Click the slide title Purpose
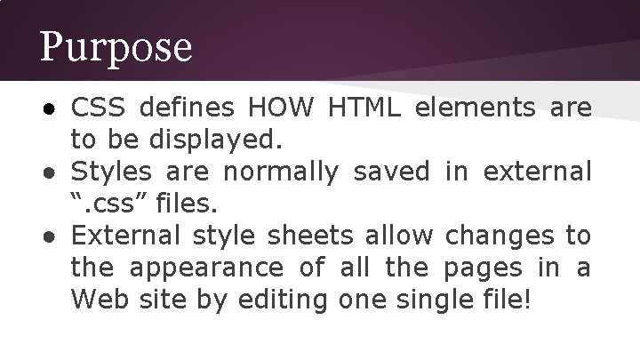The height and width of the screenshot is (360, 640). point(116,47)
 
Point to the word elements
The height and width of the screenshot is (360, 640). point(476,108)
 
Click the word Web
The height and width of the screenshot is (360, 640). point(97,300)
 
